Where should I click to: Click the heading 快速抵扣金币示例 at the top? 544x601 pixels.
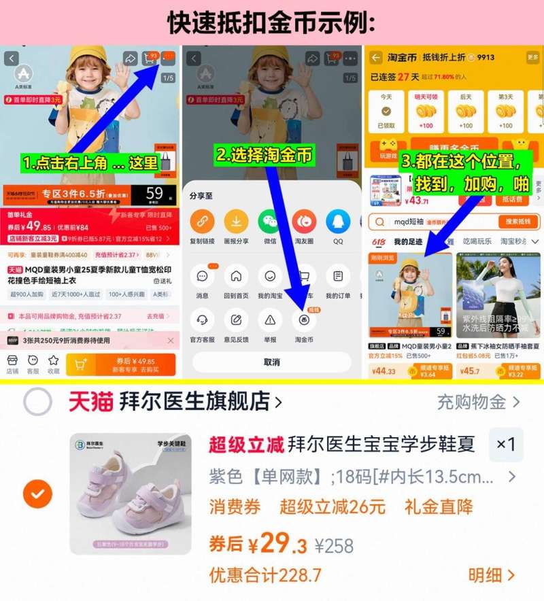[x=271, y=23]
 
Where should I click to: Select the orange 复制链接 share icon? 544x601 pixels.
[x=202, y=222]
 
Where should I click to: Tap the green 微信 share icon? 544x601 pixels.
[x=269, y=222]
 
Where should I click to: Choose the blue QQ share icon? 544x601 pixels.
[x=338, y=222]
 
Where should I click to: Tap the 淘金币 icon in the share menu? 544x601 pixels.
[x=304, y=320]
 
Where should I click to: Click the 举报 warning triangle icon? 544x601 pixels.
[x=270, y=320]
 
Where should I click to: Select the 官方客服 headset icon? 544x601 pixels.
[x=202, y=320]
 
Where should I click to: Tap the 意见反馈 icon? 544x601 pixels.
[x=236, y=320]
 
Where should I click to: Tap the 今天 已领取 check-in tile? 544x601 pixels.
[x=386, y=111]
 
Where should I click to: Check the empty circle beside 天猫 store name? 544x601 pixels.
[x=37, y=402]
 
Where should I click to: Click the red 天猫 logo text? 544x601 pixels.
[x=90, y=402]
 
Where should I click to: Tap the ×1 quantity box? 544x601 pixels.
[x=506, y=445]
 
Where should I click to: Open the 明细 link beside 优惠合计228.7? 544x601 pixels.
[x=492, y=575]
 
